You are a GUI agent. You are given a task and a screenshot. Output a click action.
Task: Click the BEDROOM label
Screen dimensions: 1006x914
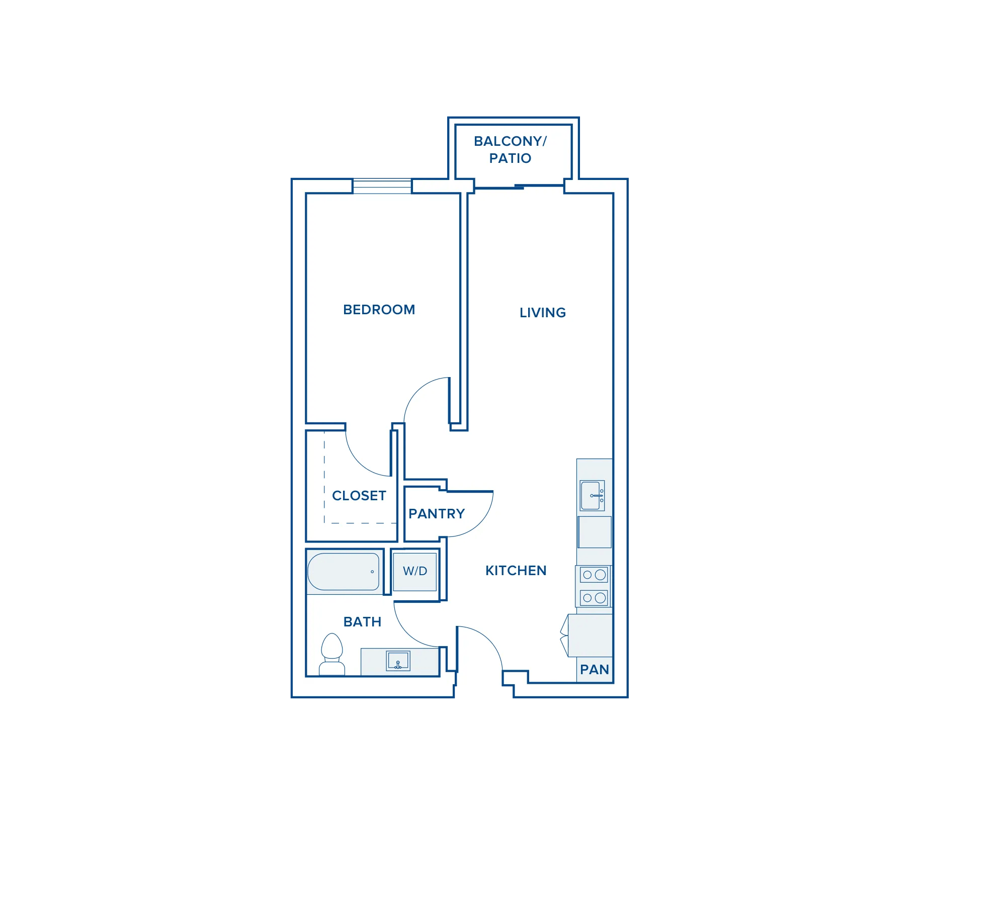click(379, 310)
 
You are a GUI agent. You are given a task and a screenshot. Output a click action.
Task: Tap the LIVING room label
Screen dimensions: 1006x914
click(543, 313)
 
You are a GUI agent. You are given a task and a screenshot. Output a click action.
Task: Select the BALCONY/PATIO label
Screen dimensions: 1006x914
click(510, 150)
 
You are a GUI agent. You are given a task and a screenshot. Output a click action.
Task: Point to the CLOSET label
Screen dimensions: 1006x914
click(359, 496)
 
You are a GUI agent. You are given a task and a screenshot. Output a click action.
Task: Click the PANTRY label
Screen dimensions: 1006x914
click(437, 514)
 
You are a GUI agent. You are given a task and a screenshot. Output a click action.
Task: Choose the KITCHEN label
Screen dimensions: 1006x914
click(516, 571)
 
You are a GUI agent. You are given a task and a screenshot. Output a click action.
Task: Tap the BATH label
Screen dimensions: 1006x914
click(362, 622)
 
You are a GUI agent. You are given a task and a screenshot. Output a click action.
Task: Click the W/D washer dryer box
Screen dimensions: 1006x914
click(415, 572)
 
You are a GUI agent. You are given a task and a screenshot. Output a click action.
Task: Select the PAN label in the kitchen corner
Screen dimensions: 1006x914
click(595, 670)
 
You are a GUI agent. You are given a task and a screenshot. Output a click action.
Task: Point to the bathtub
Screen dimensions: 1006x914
click(344, 572)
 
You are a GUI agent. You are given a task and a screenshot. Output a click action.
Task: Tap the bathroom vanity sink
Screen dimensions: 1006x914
click(398, 661)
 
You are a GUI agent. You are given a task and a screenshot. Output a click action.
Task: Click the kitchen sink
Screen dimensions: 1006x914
click(592, 496)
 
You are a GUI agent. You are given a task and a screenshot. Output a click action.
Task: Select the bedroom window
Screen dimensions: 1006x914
click(382, 186)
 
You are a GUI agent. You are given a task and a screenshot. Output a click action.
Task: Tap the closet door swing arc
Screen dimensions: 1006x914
click(358, 463)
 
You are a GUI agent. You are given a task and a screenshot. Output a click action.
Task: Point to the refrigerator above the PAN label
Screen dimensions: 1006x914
click(590, 635)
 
